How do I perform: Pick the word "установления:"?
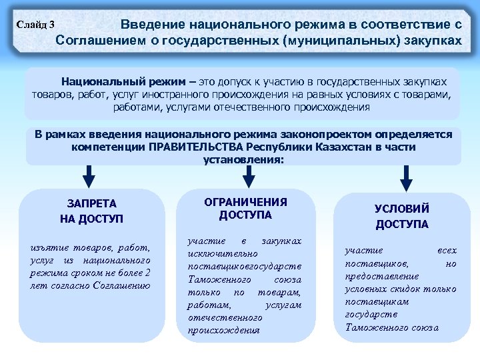[x=243, y=159]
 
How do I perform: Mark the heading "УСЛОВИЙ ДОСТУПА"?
[x=402, y=216]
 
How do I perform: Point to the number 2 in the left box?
[x=147, y=273]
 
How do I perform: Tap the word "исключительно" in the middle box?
[x=213, y=253]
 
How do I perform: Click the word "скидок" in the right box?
[x=406, y=289]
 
